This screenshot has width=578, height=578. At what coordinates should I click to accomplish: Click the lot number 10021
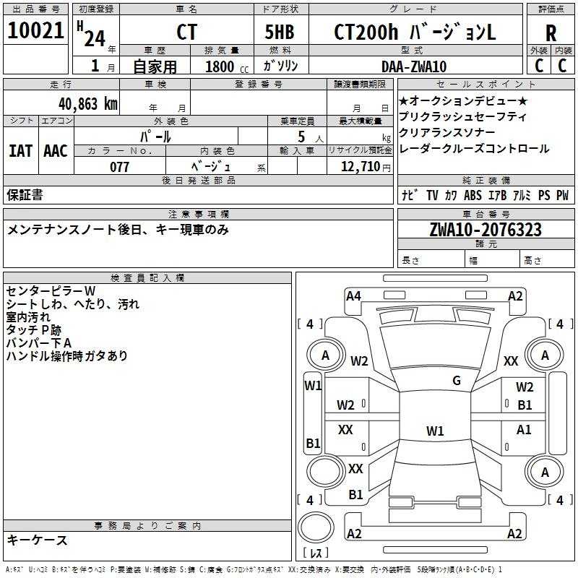coord(35,30)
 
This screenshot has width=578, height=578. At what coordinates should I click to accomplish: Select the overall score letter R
coord(551,33)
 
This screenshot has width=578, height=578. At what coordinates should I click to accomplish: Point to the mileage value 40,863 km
coord(87,104)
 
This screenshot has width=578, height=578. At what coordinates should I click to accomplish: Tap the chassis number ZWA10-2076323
coord(486,229)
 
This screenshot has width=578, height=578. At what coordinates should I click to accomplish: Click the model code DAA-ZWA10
coord(414,66)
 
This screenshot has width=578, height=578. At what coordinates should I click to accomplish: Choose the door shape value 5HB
coord(280,32)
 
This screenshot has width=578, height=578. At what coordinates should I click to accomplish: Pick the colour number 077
coord(119,167)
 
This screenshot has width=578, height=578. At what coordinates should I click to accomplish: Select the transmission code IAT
coord(20,151)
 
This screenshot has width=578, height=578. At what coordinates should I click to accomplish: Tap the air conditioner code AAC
coord(56,151)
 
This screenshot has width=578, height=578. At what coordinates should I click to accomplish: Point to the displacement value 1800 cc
coord(227,66)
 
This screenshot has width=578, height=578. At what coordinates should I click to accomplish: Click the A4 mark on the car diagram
coord(353,296)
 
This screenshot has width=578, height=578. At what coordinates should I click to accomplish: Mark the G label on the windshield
coord(457,380)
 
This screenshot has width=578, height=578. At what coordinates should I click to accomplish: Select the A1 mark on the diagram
coord(524,429)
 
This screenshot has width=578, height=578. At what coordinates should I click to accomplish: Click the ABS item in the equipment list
coord(473,195)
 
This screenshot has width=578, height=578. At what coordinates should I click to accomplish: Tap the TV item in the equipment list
coord(432,195)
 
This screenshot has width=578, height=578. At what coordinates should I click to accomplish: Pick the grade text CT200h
coord(366,32)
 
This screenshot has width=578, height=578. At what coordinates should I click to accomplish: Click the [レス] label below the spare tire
coord(316,552)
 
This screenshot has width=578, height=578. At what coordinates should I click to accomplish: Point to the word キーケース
coord(37,540)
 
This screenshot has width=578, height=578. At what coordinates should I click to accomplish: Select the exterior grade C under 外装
coord(539,66)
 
